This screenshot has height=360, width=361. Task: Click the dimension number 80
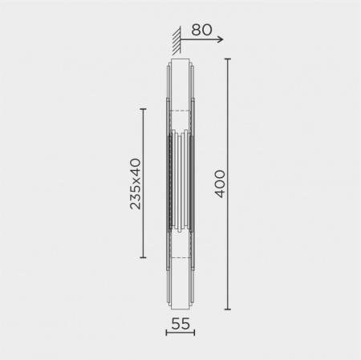[201, 30]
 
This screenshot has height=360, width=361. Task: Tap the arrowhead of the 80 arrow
[220, 39]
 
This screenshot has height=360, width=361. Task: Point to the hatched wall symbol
[176, 40]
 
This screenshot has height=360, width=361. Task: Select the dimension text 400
[220, 184]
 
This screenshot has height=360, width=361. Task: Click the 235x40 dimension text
[135, 184]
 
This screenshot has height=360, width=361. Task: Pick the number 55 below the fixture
[180, 324]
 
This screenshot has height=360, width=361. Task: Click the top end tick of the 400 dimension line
[228, 59]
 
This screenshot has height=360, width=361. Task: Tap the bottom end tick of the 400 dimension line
[228, 309]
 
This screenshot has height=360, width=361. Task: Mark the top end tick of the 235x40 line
[143, 109]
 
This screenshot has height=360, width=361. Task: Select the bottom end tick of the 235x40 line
[143, 257]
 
